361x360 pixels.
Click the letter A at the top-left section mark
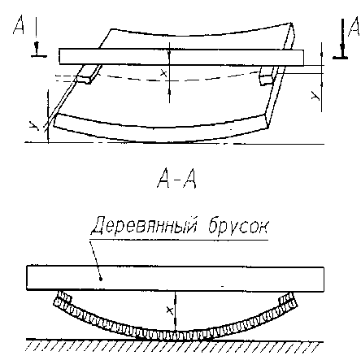tap(19, 25)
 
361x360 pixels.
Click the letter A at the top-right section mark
tap(354, 28)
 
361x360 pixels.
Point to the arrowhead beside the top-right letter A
tap(343, 48)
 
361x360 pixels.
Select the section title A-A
tap(176, 178)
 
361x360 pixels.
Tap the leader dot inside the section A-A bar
tap(101, 279)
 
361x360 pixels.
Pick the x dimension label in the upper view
tap(163, 72)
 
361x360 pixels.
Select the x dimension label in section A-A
tap(170, 310)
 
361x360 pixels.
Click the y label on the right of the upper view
tap(315, 95)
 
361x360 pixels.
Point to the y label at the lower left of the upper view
tap(34, 126)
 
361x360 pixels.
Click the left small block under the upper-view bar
tap(87, 74)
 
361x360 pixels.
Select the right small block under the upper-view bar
tap(268, 76)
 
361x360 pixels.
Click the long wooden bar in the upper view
tap(181, 57)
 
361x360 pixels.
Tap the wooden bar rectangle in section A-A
tap(175, 279)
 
